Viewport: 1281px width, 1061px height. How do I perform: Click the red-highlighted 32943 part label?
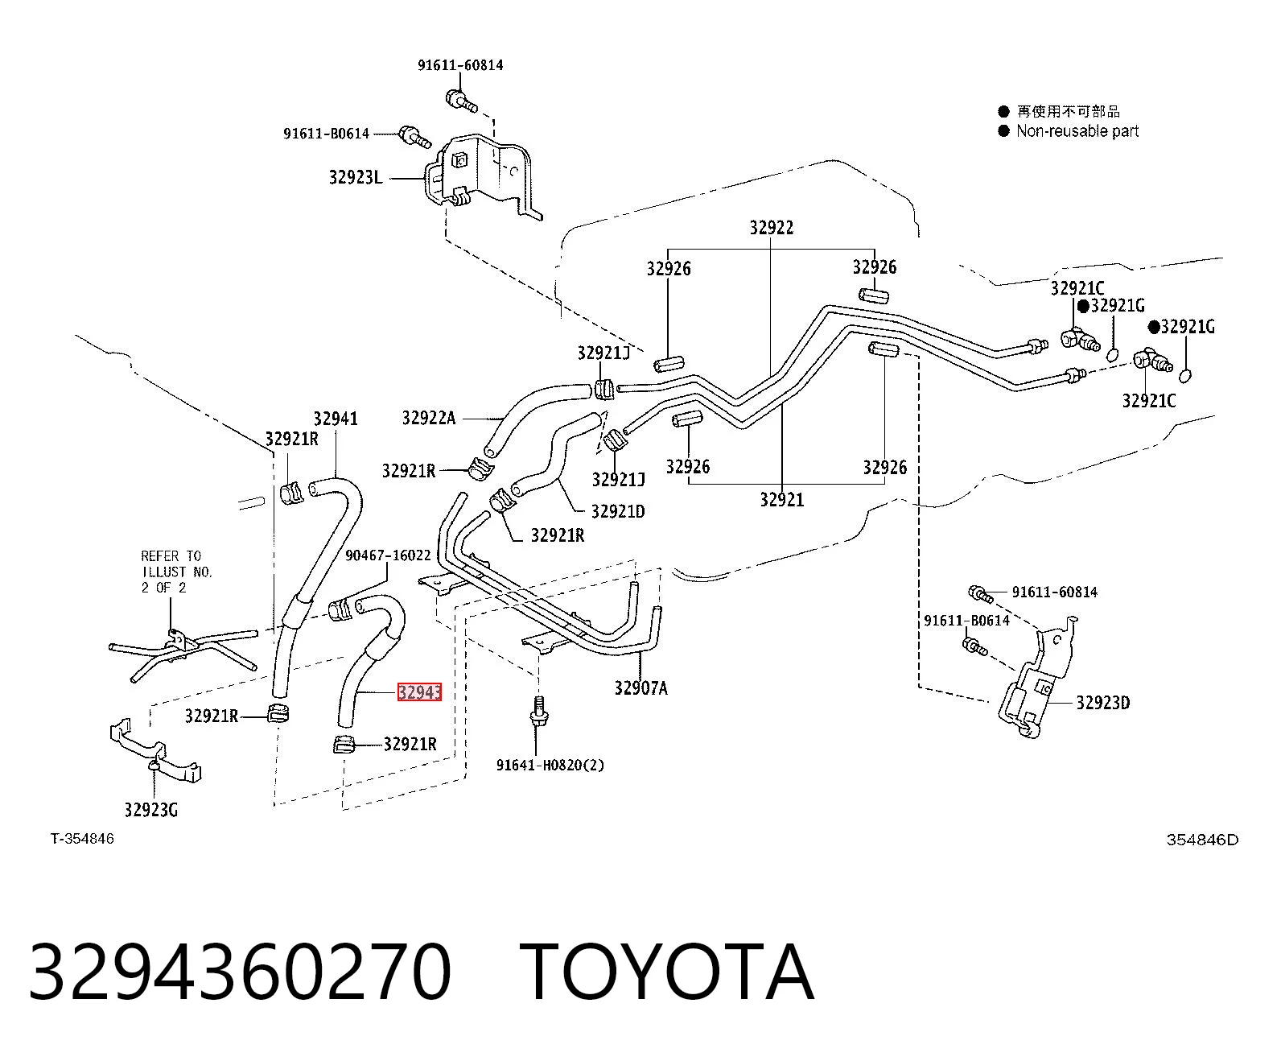pos(419,692)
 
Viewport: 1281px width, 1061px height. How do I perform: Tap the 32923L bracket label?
pos(355,177)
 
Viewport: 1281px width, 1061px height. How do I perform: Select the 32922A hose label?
pos(429,418)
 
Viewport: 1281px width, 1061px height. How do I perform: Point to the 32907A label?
pos(641,688)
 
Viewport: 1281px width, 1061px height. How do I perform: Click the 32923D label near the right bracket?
pos(1103,703)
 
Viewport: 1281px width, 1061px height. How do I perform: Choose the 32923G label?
pos(151,810)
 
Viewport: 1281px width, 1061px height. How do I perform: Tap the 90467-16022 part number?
pos(388,555)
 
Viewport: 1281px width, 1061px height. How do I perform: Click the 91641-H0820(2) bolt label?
pos(550,765)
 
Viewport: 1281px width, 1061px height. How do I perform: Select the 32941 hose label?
pos(336,419)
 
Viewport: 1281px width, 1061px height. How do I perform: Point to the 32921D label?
pos(618,511)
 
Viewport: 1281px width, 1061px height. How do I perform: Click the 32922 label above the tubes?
pos(772,228)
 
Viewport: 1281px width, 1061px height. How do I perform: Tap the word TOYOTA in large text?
pos(668,972)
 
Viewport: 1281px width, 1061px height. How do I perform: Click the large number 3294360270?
pos(241,972)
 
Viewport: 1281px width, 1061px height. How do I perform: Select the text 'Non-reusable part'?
pos(1077,130)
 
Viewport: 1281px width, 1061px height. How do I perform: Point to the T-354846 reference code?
pos(82,839)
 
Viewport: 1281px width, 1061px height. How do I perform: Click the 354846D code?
pos(1202,840)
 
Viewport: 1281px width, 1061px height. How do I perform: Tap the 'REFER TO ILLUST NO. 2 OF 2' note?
pos(177,572)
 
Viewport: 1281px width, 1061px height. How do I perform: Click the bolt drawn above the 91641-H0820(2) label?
pos(538,713)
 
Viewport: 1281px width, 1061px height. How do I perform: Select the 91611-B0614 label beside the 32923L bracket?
pos(327,134)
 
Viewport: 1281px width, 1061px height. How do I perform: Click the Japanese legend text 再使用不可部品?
pos(1069,111)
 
